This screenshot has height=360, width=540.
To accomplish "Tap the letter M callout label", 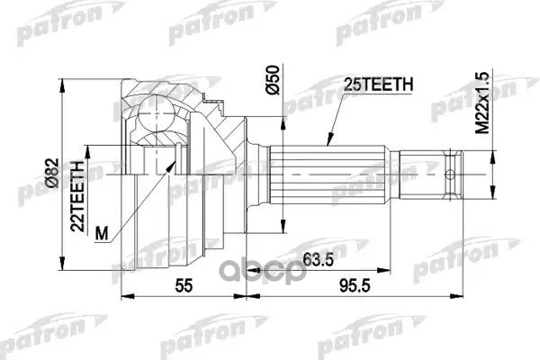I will [x=101, y=236].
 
